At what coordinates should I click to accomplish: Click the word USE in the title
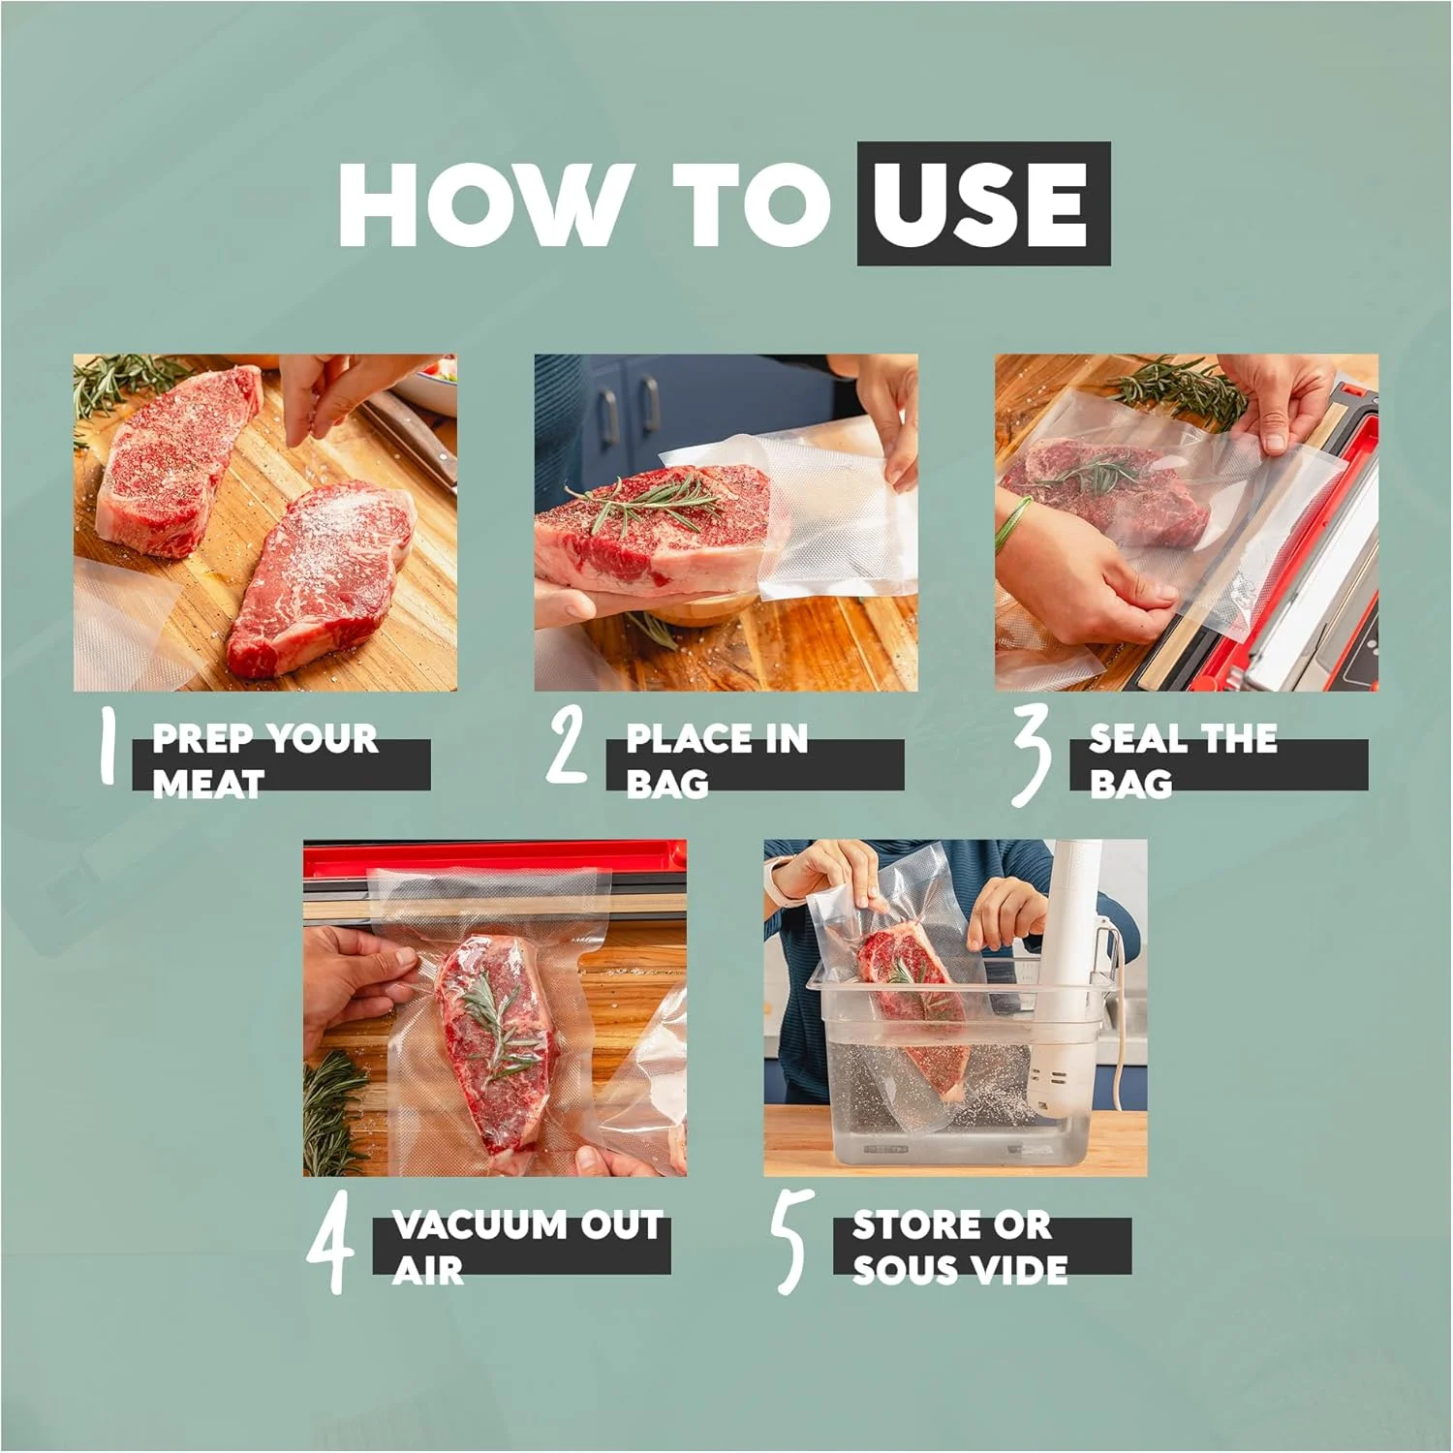(x=983, y=203)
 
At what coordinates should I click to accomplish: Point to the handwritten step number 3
(x=1032, y=757)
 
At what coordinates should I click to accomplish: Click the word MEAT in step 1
(x=208, y=783)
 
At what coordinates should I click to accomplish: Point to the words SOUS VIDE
(x=960, y=1269)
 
